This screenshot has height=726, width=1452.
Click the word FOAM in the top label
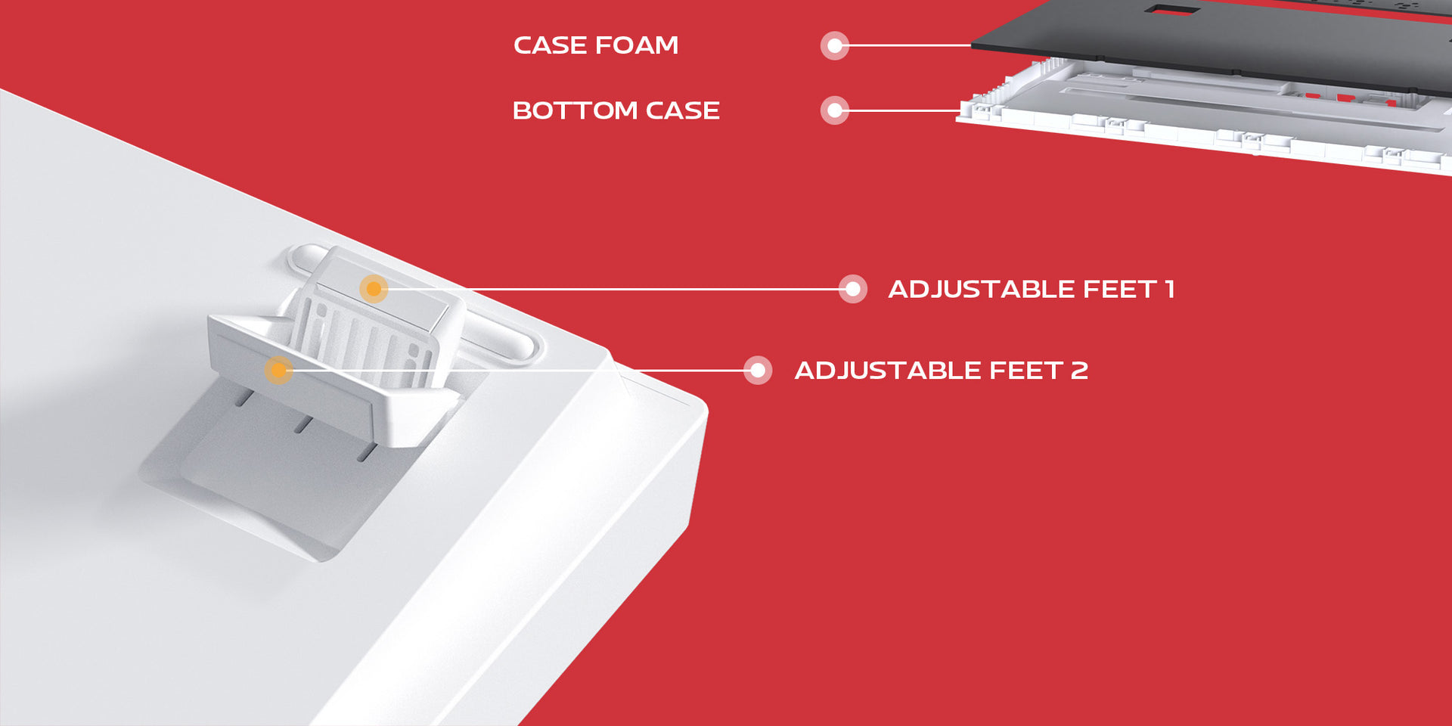637,45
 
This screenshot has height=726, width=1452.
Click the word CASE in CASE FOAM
551,45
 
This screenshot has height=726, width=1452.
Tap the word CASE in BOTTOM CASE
682,110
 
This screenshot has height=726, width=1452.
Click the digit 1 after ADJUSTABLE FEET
1169,289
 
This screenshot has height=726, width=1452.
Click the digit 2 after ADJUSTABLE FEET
1079,371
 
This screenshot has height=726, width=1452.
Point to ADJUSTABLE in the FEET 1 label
982,289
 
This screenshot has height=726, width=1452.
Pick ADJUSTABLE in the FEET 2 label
888,371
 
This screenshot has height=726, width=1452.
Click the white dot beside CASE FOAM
835,45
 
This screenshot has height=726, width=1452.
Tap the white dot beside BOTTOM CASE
835,110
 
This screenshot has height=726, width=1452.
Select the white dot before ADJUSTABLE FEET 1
853,289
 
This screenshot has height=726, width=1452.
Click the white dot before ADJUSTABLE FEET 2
758,371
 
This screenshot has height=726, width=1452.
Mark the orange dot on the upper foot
374,289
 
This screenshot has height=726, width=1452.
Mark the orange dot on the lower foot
278,371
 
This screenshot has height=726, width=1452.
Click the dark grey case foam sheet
1248,38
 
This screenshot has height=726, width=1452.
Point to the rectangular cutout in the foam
1171,10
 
